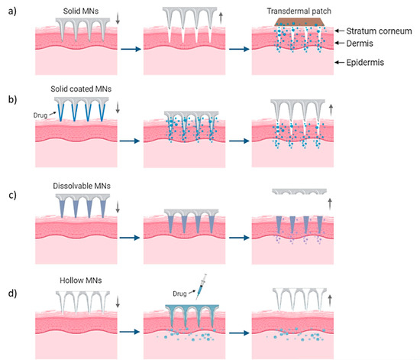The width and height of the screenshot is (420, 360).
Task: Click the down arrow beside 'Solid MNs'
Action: click(105, 18)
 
